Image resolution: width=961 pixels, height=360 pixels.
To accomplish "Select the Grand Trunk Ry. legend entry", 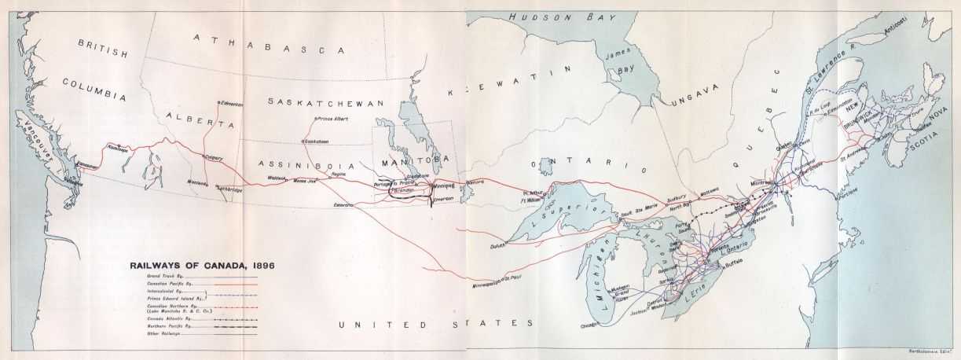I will pyautogui.click(x=164, y=277).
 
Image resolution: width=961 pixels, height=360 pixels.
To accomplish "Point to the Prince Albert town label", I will pyautogui.click(x=332, y=119).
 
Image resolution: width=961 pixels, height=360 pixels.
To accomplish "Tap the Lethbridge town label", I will pyautogui.click(x=230, y=189).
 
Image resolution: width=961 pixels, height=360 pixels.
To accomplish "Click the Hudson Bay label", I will pyautogui.click(x=547, y=17).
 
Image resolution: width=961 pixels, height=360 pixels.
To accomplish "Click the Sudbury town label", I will pyautogui.click(x=677, y=196).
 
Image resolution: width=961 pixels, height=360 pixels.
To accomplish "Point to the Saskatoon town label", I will pyautogui.click(x=316, y=141).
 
